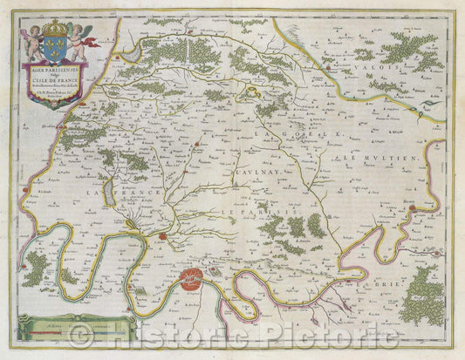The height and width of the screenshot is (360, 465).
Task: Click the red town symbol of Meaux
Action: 409,208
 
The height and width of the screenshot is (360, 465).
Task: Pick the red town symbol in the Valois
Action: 326,61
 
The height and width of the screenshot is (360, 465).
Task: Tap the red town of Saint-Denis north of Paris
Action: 163,235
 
